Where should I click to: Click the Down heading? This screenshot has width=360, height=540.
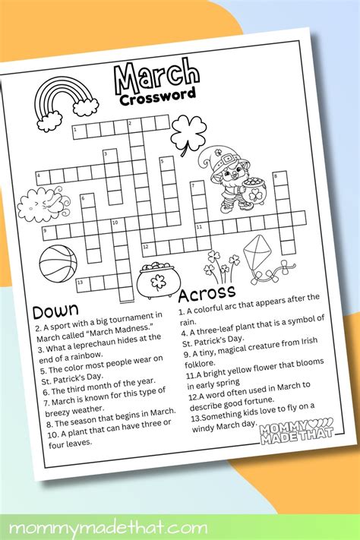(55, 311)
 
